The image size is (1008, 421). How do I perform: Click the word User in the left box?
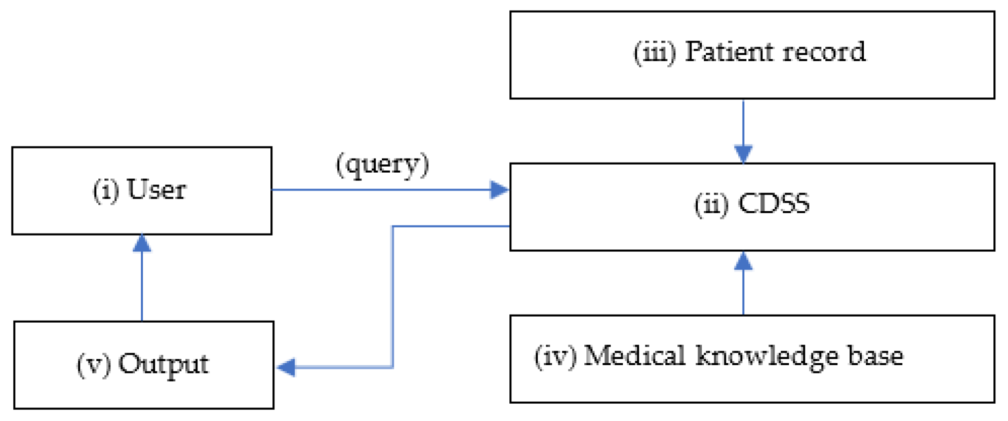click(x=156, y=190)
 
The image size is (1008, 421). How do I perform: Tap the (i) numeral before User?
click(x=106, y=191)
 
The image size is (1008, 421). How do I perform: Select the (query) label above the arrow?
click(x=382, y=165)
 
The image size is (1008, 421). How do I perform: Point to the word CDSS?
click(x=774, y=204)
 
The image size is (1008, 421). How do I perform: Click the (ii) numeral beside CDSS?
click(x=711, y=205)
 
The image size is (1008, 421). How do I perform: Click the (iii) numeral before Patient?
click(x=655, y=52)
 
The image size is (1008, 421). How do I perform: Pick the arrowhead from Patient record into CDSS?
click(x=743, y=154)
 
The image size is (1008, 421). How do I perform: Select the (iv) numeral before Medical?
click(x=555, y=356)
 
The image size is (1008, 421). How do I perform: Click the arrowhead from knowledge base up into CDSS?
click(x=743, y=261)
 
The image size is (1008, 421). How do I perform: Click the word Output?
click(x=163, y=364)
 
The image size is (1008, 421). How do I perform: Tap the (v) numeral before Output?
click(x=94, y=365)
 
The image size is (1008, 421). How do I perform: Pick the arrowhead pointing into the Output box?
click(x=287, y=367)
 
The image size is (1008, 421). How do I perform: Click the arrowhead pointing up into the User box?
click(x=142, y=243)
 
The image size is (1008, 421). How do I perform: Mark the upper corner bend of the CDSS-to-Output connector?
click(x=393, y=226)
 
